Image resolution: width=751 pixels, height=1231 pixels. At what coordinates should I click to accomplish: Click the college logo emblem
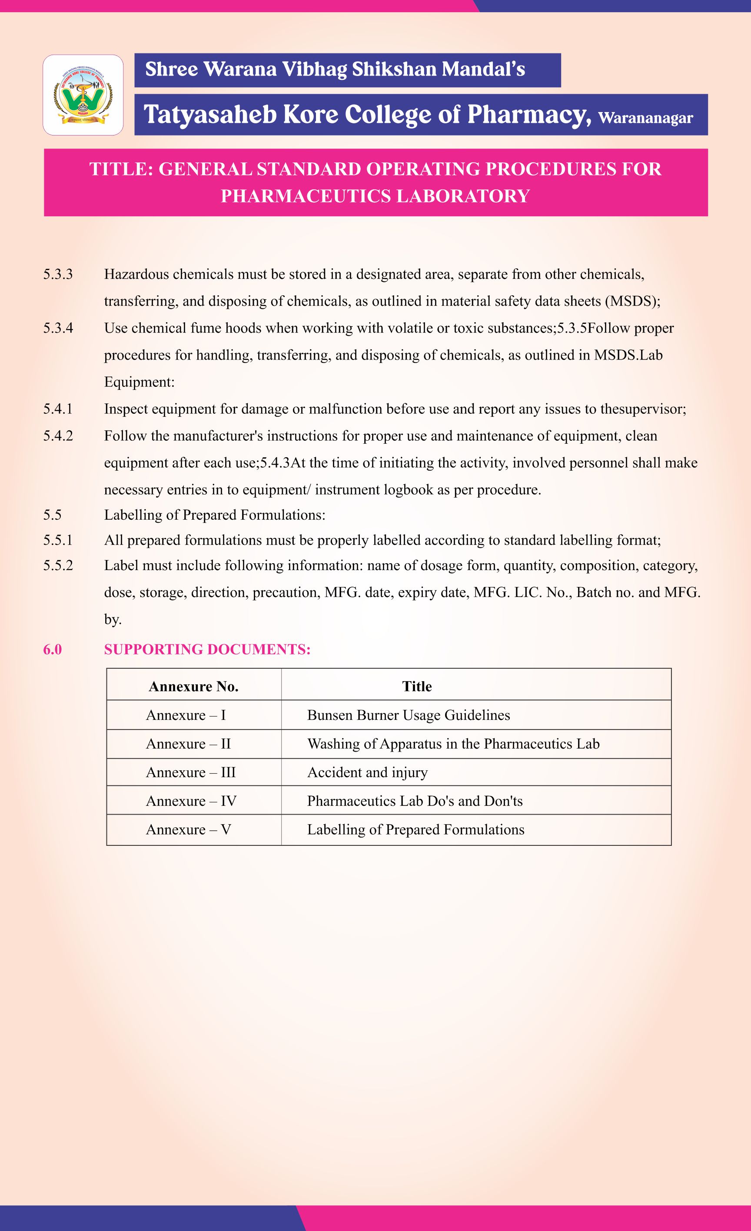tap(83, 95)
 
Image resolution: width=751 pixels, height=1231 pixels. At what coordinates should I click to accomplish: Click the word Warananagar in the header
tap(645, 118)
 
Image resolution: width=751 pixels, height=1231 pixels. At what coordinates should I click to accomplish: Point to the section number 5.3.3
tap(58, 274)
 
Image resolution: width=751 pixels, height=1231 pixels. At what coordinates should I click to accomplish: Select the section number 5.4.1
tap(58, 409)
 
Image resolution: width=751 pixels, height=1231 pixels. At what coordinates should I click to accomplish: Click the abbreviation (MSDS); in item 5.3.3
tap(632, 301)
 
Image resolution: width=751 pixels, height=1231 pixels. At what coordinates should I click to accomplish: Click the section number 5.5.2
tap(58, 565)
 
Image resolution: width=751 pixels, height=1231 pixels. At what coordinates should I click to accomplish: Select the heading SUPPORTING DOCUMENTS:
tap(207, 649)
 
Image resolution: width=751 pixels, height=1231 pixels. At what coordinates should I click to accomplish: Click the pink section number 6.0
tap(53, 649)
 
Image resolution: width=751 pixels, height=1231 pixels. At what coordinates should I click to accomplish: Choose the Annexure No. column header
tap(193, 686)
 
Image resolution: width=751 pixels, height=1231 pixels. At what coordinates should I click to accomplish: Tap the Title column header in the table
tap(417, 686)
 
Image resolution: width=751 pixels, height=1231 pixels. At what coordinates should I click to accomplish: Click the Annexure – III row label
tap(190, 772)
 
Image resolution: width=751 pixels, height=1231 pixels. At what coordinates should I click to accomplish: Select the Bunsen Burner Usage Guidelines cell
tap(409, 715)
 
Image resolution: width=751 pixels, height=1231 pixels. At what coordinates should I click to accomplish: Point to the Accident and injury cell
tap(367, 772)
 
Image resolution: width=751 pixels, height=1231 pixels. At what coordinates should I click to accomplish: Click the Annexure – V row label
tap(188, 829)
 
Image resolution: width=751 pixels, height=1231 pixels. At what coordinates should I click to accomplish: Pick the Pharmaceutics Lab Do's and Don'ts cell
tap(415, 801)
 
